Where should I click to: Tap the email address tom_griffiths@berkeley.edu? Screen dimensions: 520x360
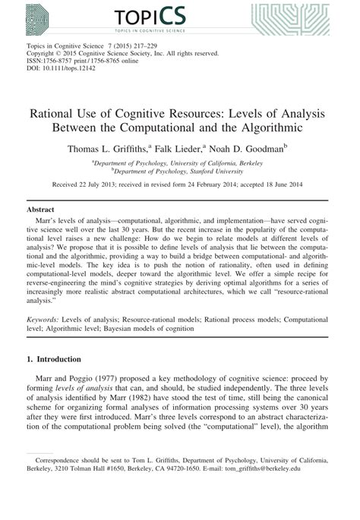[x=288, y=490]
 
